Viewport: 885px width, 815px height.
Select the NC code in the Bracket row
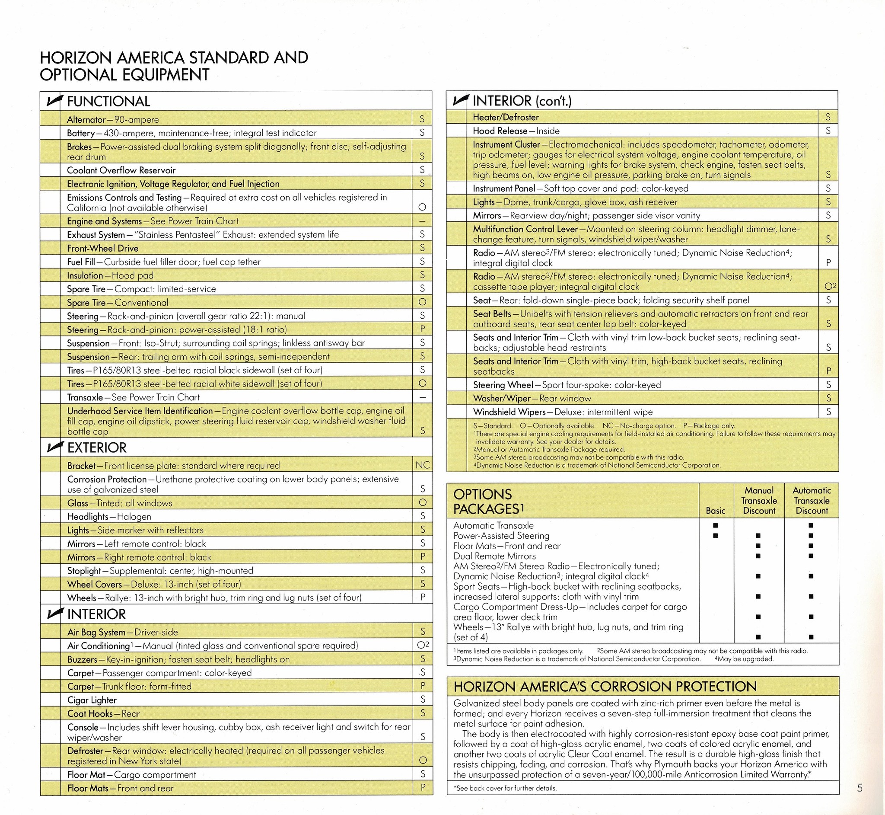pyautogui.click(x=422, y=465)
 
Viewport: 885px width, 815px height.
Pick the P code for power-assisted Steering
pyautogui.click(x=422, y=329)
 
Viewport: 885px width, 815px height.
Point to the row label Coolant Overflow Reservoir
pyautogui.click(x=121, y=170)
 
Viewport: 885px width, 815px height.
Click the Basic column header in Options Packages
pyautogui.click(x=715, y=510)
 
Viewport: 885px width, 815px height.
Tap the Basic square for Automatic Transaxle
pyautogui.click(x=715, y=525)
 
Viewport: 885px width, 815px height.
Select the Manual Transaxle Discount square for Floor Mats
pyautogui.click(x=758, y=546)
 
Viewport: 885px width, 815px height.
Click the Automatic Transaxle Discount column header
pyautogui.click(x=812, y=501)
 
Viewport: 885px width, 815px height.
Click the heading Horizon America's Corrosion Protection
pyautogui.click(x=605, y=687)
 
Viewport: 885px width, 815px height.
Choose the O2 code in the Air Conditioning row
pyautogui.click(x=423, y=645)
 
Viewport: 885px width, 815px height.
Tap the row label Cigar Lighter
pyautogui.click(x=92, y=700)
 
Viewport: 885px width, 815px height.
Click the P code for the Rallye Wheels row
pyautogui.click(x=423, y=597)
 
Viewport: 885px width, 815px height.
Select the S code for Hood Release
pyautogui.click(x=828, y=131)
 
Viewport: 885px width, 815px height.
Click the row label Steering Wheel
pyautogui.click(x=503, y=384)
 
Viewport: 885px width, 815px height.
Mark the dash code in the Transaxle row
pyautogui.click(x=422, y=397)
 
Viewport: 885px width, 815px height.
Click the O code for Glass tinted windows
pyautogui.click(x=422, y=502)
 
